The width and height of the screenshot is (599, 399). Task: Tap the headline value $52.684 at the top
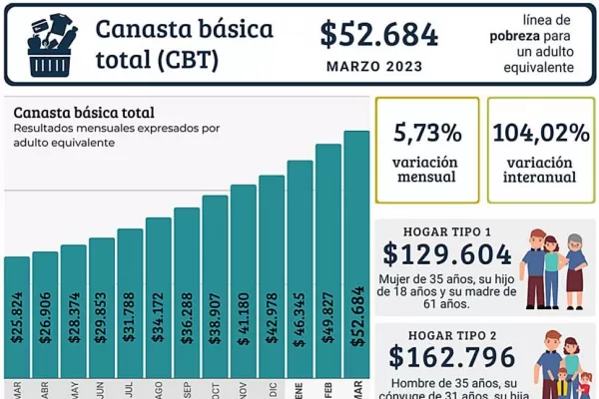click(x=379, y=34)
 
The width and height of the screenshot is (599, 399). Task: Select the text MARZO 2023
click(x=379, y=66)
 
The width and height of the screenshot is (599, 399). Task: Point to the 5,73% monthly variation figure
click(x=427, y=133)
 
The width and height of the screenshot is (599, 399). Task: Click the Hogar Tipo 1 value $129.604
click(x=447, y=253)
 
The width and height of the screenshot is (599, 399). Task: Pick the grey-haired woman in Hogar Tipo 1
click(x=575, y=264)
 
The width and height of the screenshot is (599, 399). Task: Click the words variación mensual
click(x=427, y=169)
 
